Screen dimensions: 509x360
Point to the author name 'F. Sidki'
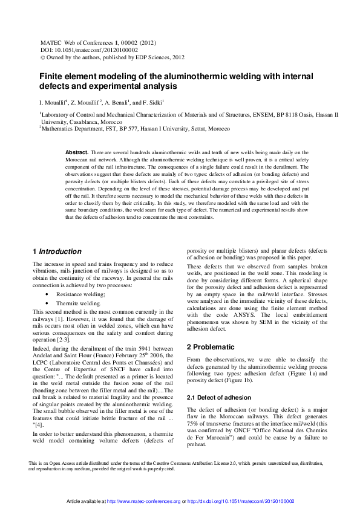[151, 103]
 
